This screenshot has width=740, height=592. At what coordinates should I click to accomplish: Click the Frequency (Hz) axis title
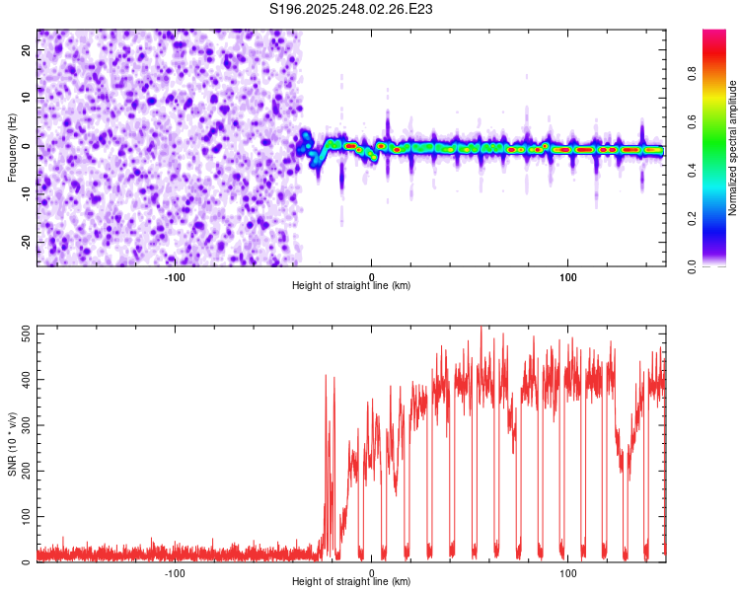pyautogui.click(x=12, y=148)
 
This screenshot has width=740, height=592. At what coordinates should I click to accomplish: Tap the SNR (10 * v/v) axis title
pyautogui.click(x=12, y=444)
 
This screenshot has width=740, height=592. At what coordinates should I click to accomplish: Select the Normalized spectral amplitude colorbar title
pyautogui.click(x=732, y=148)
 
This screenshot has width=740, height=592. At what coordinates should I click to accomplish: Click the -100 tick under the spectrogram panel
pyautogui.click(x=175, y=276)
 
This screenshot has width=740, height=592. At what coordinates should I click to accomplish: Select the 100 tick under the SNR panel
pyautogui.click(x=567, y=572)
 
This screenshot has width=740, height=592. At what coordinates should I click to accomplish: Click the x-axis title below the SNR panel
pyautogui.click(x=351, y=582)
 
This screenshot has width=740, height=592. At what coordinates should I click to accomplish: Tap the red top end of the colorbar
pyautogui.click(x=714, y=34)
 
